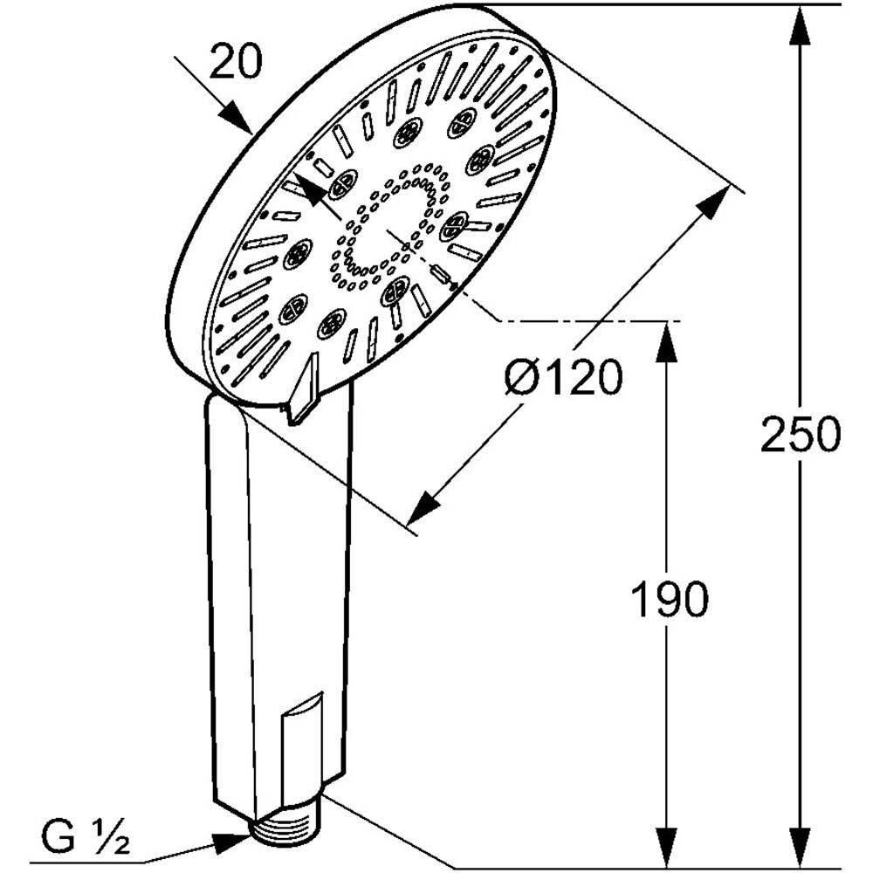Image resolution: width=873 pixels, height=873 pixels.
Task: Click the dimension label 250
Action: click(800, 434)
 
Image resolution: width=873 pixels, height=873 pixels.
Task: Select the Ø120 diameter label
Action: click(564, 378)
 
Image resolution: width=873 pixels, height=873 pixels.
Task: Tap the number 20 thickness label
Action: click(236, 64)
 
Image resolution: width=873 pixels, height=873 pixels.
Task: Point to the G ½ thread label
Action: click(86, 841)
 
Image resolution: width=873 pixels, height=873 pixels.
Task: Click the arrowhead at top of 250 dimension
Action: click(800, 26)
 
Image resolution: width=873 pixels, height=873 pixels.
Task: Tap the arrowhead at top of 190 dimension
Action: click(668, 342)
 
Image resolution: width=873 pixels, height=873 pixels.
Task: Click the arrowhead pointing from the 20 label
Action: click(236, 117)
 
